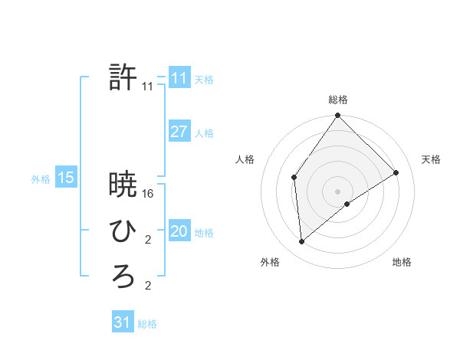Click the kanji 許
pos(123,77)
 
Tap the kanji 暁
pos(123,185)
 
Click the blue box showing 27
pos(179,132)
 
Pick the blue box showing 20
pos(179,231)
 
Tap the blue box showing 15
pos(66,178)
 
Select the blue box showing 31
pos(123,322)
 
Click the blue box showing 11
pos(179,78)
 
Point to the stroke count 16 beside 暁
pos(148,194)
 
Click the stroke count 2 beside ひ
pos(148,241)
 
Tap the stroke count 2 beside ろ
pos(148,286)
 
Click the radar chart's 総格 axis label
pos(338,100)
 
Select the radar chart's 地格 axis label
pos(402,262)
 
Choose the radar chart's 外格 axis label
pos(270,262)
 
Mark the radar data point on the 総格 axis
pos(338,116)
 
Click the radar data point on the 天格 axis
pos(396,172)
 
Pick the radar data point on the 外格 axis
pos(302,241)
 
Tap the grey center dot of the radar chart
pos(338,191)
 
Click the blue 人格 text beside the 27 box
pos(205,133)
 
